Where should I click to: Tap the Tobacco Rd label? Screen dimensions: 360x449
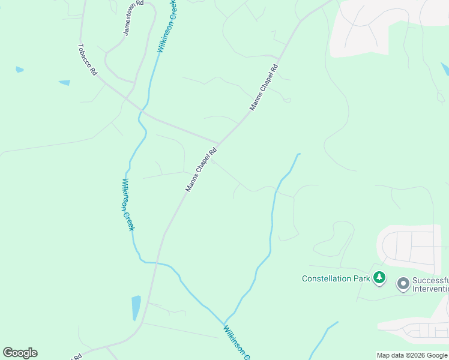[88, 59]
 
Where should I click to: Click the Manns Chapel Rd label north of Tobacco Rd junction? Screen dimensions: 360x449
[264, 87]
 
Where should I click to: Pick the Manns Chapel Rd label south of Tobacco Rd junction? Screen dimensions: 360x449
[201, 170]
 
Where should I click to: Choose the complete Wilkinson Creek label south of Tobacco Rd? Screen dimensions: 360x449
[128, 205]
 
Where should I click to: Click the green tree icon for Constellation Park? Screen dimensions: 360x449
[379, 278]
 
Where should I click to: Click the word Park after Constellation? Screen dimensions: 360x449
[361, 278]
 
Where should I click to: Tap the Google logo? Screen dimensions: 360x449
[20, 353]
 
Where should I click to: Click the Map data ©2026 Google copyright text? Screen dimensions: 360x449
[412, 355]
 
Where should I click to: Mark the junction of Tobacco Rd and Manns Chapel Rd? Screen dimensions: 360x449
[218, 145]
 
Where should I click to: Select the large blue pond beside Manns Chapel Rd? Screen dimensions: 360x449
[136, 308]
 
